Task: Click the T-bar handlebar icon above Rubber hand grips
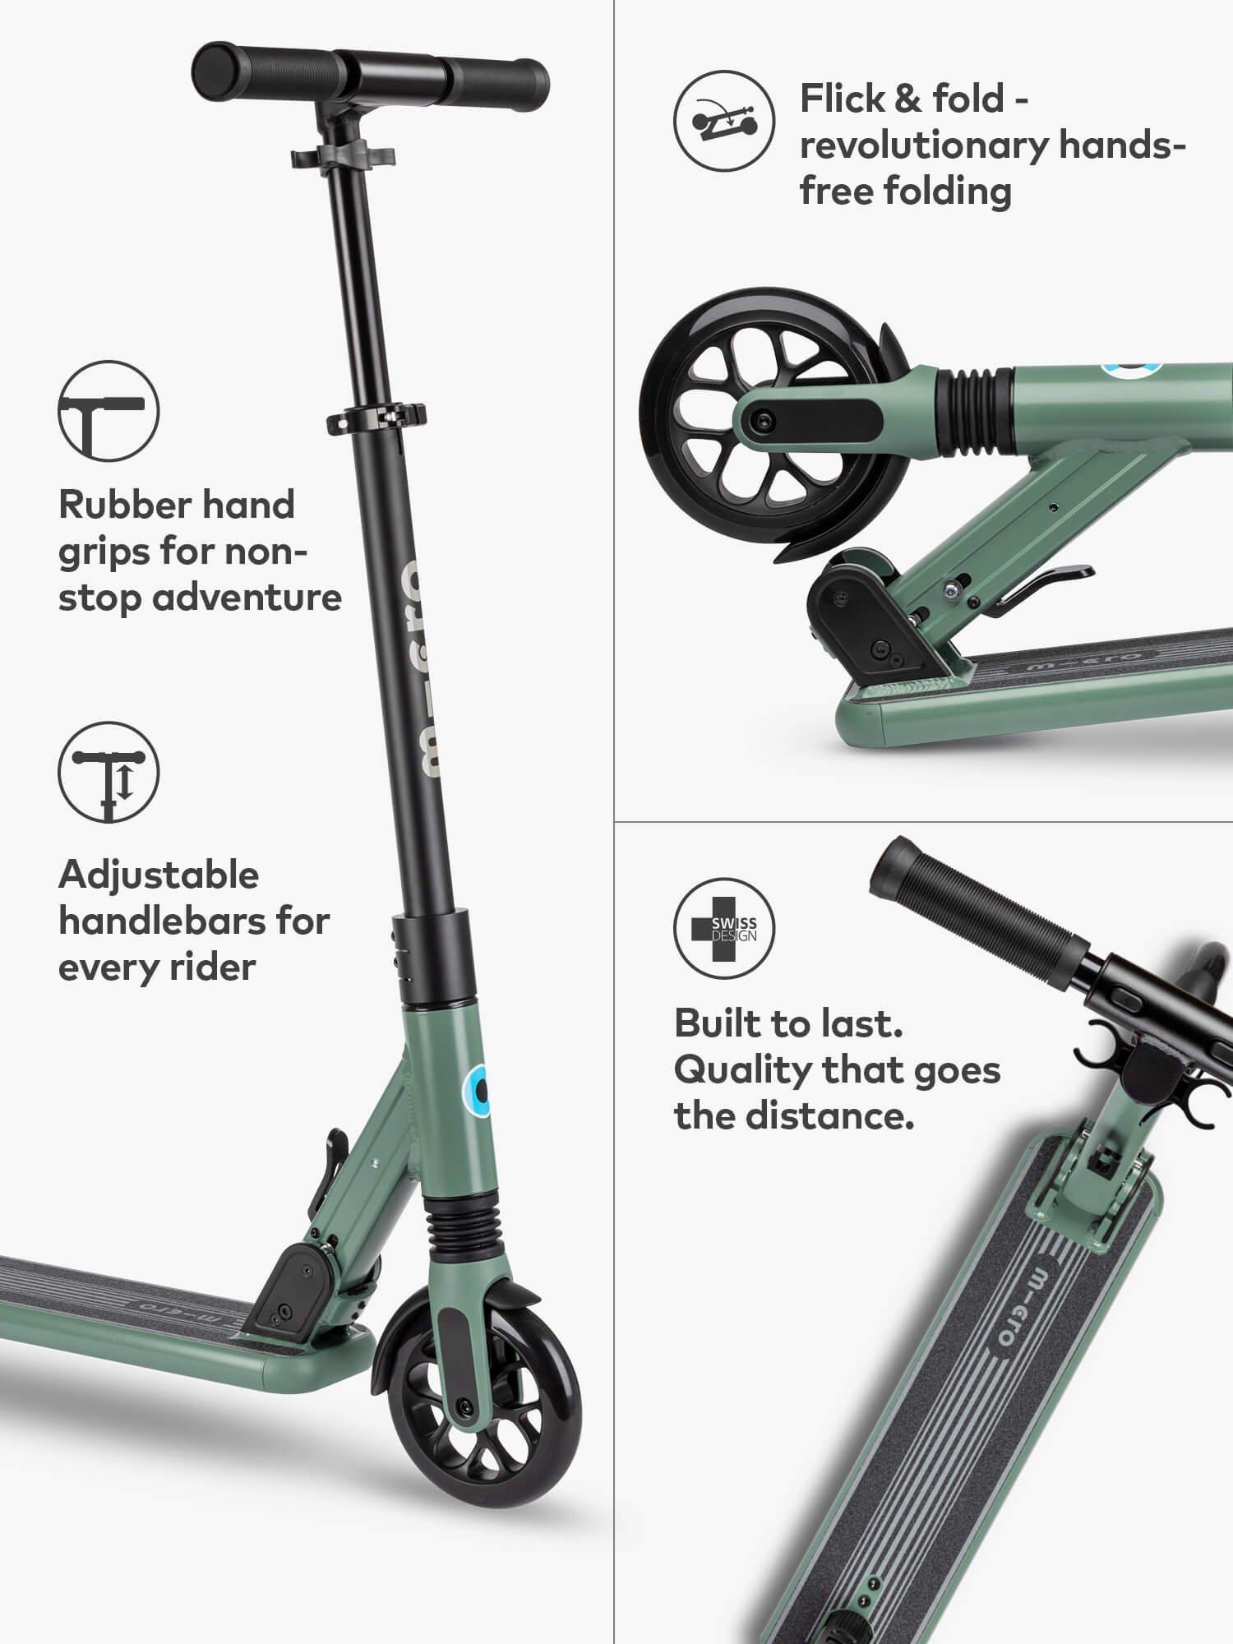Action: point(108,410)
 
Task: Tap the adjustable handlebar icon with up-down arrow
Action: point(108,772)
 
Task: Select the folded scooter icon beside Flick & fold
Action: point(724,121)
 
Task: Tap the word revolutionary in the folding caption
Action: point(925,145)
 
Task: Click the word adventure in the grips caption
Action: point(247,597)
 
